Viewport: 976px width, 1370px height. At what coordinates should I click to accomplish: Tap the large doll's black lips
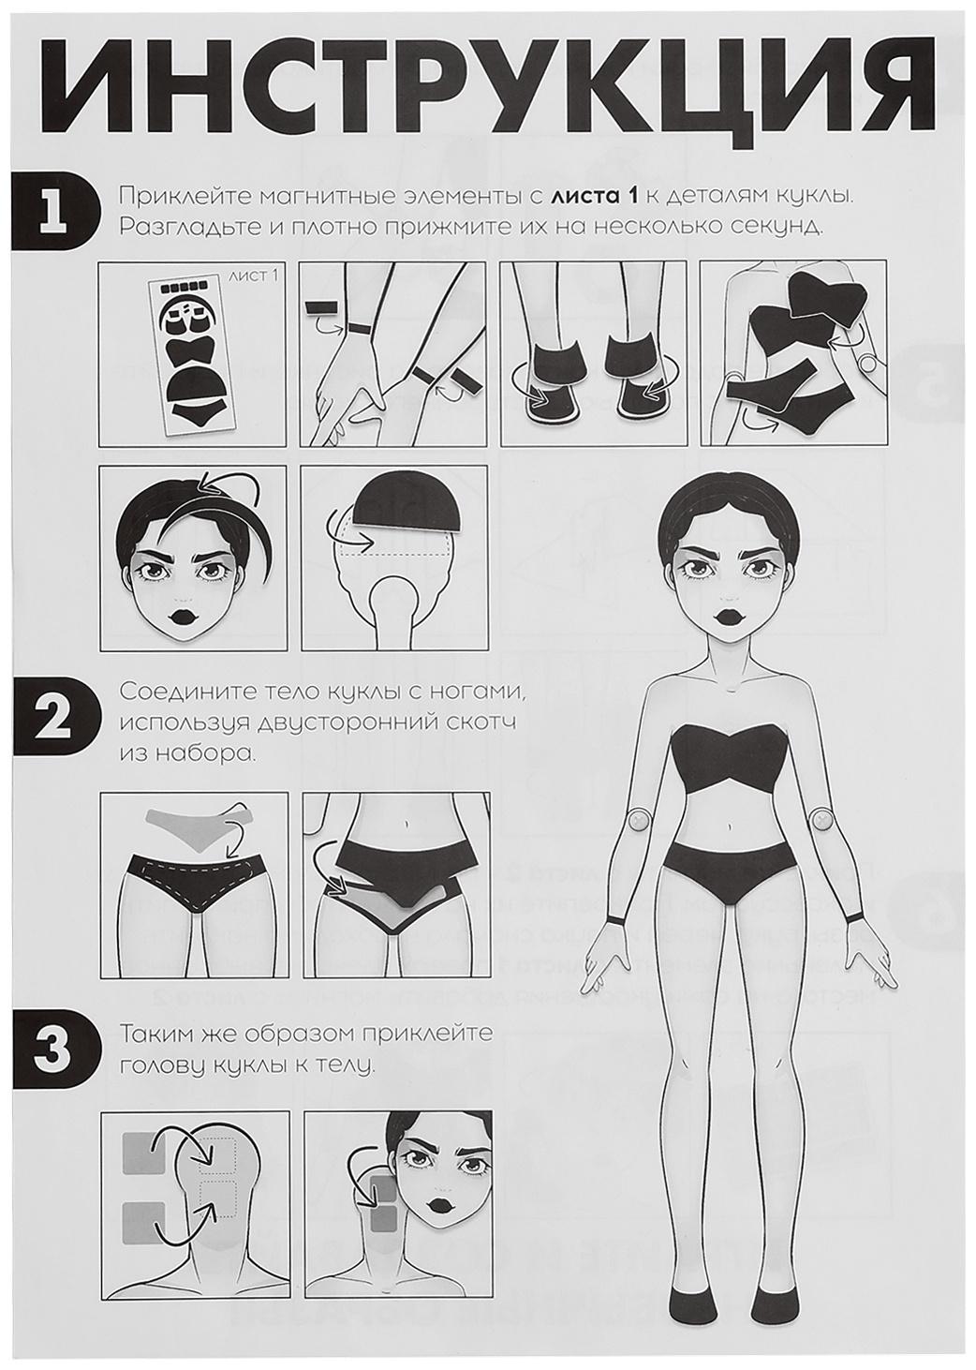728,614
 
